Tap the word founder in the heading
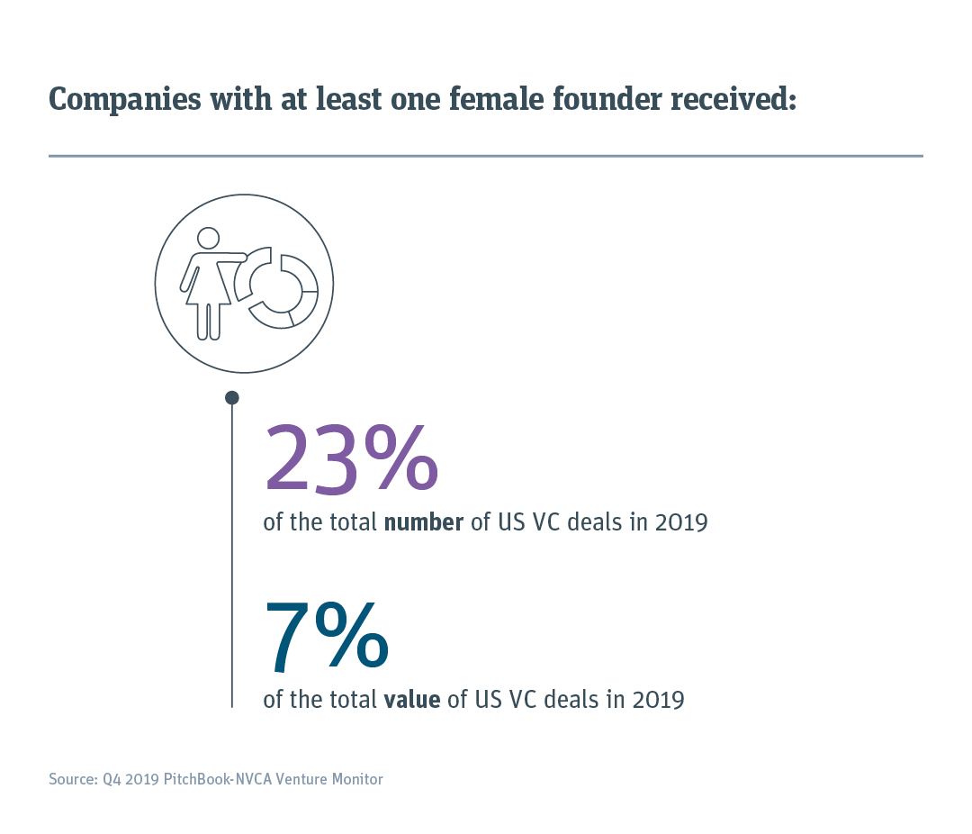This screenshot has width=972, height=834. pyautogui.click(x=598, y=99)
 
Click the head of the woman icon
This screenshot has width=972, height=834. pyautogui.click(x=208, y=238)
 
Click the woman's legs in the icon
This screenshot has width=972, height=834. pyautogui.click(x=209, y=322)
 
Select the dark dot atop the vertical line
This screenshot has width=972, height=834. pyautogui.click(x=232, y=397)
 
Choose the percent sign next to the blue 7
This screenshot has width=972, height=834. pyautogui.click(x=351, y=638)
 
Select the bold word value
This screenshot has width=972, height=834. pyautogui.click(x=411, y=700)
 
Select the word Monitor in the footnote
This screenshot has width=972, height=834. pyautogui.click(x=356, y=779)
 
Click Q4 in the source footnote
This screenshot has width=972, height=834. pyautogui.click(x=112, y=779)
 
